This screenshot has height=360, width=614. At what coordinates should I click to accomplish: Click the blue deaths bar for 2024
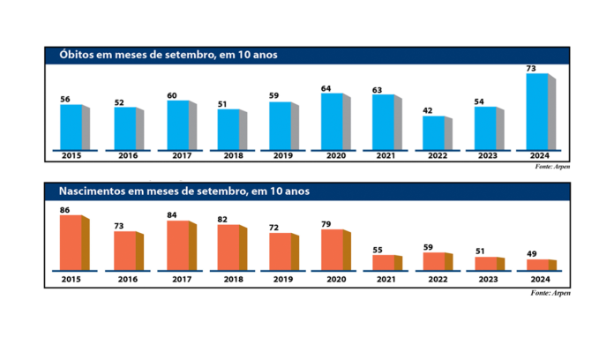tap(537, 110)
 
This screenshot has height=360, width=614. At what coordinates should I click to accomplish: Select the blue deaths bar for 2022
tap(434, 132)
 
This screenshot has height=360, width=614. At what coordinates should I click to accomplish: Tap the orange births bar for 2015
tap(71, 243)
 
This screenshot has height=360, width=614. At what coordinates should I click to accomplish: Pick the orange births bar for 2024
tap(537, 265)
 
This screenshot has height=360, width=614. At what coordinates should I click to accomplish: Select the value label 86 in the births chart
tap(65, 210)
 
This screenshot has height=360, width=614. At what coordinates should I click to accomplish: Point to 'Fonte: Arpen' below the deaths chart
tap(552, 166)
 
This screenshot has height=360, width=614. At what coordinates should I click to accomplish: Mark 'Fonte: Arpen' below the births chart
tap(552, 292)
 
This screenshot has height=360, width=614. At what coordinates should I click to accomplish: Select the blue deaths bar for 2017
tap(176, 124)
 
